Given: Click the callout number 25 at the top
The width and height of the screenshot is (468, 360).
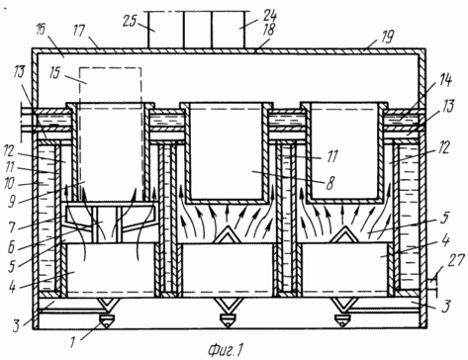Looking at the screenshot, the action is [130, 21].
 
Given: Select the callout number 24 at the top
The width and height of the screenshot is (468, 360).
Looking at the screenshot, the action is [270, 15].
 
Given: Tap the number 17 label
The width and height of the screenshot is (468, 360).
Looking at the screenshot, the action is [79, 32].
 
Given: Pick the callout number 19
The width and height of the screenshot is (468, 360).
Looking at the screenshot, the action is [387, 37].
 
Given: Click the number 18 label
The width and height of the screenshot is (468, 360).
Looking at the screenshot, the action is [269, 30].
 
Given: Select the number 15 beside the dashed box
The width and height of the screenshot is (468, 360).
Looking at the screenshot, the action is [55, 72].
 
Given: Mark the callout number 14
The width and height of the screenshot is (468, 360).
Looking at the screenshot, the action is [445, 80].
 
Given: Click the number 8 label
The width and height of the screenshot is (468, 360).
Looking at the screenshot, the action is [329, 183].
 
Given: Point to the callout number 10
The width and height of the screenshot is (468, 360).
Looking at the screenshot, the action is [10, 183].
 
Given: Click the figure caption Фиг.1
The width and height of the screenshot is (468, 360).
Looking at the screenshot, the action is [226, 350].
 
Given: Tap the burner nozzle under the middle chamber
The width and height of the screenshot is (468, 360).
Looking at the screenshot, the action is [228, 320].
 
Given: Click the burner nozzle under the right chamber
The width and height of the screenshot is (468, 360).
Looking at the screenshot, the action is [342, 320].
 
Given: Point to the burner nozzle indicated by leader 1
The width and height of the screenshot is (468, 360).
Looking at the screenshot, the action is [107, 320].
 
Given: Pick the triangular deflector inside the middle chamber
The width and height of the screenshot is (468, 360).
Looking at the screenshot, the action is [228, 235].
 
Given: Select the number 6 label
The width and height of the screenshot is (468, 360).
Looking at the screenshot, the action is [11, 247].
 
